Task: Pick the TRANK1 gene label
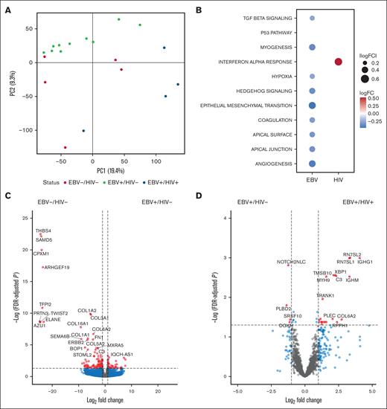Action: tap(325, 296)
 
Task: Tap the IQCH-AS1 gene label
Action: tap(123, 355)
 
